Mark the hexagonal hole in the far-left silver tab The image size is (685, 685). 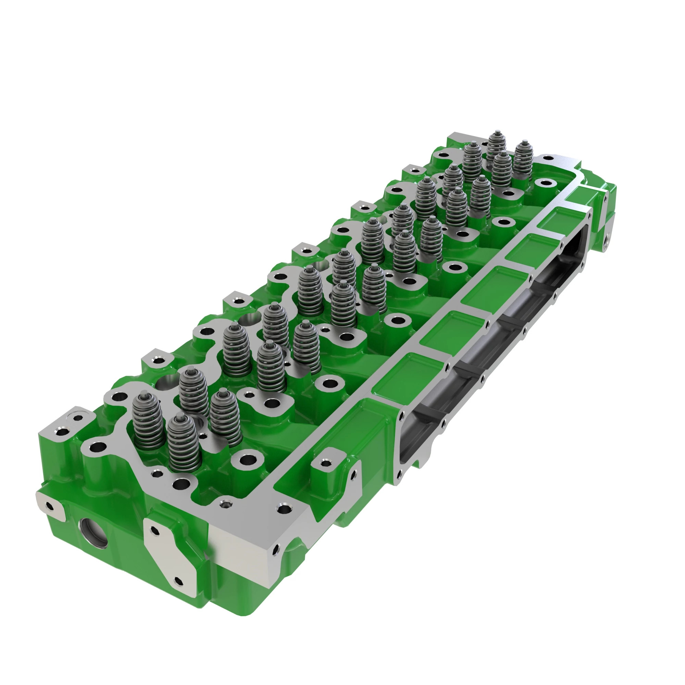coord(50,506)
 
